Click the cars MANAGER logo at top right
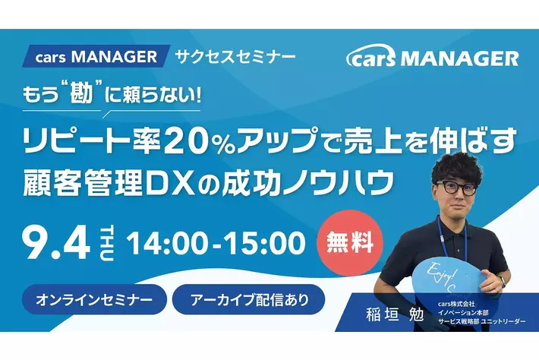coord(432,58)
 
